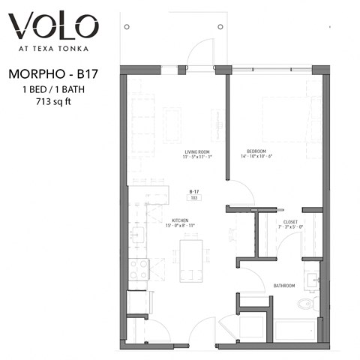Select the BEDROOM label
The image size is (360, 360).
pyautogui.click(x=259, y=151)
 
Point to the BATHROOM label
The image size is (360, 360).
pyautogui.click(x=283, y=286)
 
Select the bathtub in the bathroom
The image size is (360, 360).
pyautogui.click(x=297, y=330)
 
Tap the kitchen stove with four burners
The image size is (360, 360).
pyautogui.click(x=139, y=269)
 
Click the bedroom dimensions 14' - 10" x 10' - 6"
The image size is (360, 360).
pyautogui.click(x=259, y=157)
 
